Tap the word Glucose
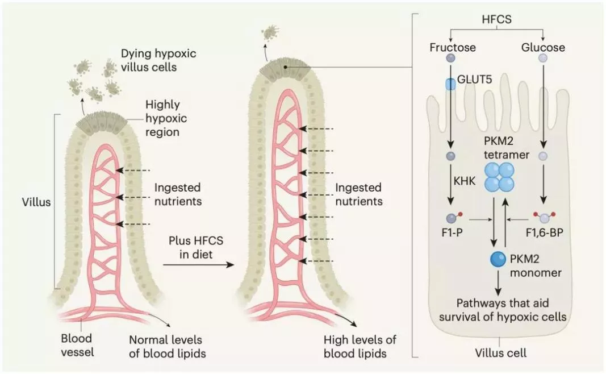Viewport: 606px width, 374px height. [x=543, y=47]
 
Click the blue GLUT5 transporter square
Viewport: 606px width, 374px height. [x=450, y=85]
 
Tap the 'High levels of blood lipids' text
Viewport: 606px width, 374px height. [x=360, y=346]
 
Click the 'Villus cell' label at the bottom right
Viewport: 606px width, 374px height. [x=500, y=353]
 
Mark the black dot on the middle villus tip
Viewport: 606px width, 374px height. [x=285, y=67]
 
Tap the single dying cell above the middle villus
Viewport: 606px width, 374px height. [x=271, y=33]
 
